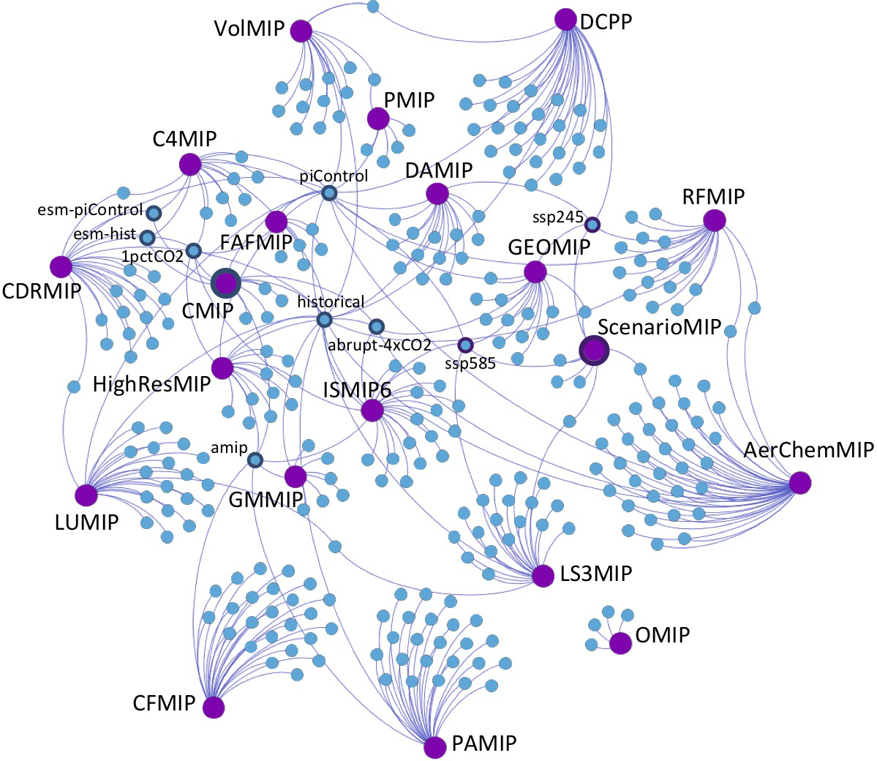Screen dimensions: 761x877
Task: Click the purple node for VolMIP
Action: click(x=301, y=31)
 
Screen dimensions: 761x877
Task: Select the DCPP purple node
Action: click(x=565, y=19)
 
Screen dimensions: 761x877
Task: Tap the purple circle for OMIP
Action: click(x=620, y=642)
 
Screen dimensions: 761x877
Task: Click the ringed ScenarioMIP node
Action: click(x=594, y=352)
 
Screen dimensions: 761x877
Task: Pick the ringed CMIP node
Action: click(x=225, y=282)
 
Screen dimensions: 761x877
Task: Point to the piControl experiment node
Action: click(x=328, y=193)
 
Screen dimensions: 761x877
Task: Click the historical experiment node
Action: click(x=324, y=320)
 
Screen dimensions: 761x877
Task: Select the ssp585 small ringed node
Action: click(x=464, y=345)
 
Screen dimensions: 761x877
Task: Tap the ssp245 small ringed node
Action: click(x=592, y=224)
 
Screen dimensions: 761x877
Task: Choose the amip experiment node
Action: click(x=255, y=460)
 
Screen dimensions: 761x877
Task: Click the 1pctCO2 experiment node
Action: click(x=193, y=251)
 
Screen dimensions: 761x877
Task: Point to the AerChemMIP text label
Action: click(x=808, y=450)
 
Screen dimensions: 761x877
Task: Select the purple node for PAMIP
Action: click(x=435, y=746)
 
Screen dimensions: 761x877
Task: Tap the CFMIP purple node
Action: click(x=214, y=707)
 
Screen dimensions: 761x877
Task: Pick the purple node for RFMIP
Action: click(x=713, y=220)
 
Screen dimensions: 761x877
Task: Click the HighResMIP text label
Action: click(x=152, y=384)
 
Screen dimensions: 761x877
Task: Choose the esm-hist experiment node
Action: click(x=147, y=238)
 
